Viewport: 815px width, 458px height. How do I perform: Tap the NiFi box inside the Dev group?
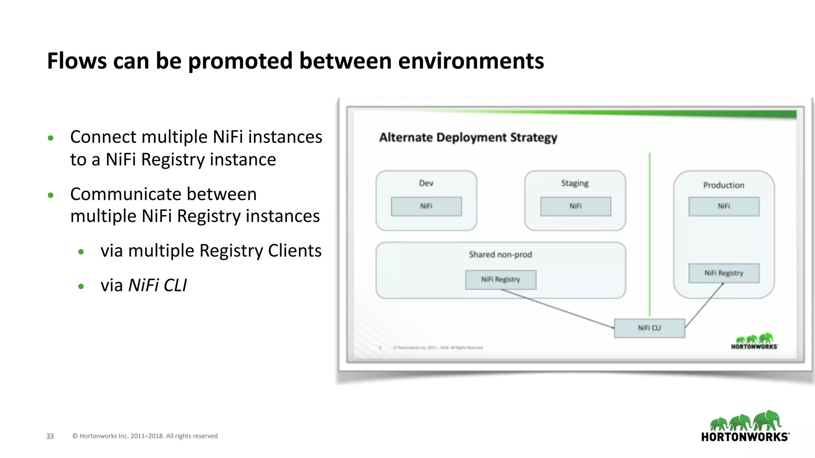pyautogui.click(x=426, y=206)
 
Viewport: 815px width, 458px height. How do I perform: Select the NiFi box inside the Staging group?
pyautogui.click(x=575, y=206)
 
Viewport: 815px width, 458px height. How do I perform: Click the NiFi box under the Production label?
pyautogui.click(x=724, y=206)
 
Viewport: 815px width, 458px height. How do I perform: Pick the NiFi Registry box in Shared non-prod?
pyautogui.click(x=501, y=279)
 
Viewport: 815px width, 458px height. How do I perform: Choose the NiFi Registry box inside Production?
pyautogui.click(x=724, y=273)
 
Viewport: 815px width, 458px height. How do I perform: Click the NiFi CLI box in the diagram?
pyautogui.click(x=649, y=328)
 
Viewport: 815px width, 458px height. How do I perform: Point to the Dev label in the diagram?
pyautogui.click(x=426, y=183)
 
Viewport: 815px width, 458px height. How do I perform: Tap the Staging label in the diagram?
pyautogui.click(x=575, y=183)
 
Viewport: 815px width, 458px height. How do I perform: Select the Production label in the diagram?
pyautogui.click(x=724, y=185)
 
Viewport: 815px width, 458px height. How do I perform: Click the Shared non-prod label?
pyautogui.click(x=500, y=254)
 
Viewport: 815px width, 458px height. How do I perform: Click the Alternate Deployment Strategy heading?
pyautogui.click(x=468, y=138)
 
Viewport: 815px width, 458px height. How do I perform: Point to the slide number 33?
pyautogui.click(x=50, y=436)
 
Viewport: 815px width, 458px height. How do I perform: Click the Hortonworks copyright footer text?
pyautogui.click(x=145, y=436)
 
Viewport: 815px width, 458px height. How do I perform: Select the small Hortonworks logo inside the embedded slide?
pyautogui.click(x=754, y=342)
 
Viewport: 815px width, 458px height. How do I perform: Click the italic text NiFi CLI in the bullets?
pyautogui.click(x=158, y=285)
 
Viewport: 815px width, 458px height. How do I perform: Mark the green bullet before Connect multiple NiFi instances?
pyautogui.click(x=51, y=138)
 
